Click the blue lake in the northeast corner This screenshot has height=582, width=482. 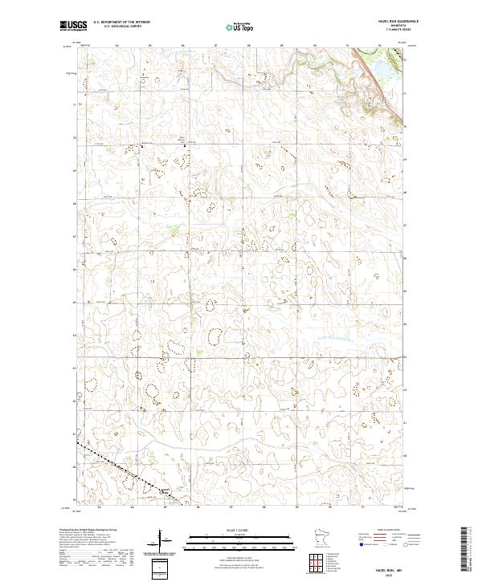click(x=383, y=72)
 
